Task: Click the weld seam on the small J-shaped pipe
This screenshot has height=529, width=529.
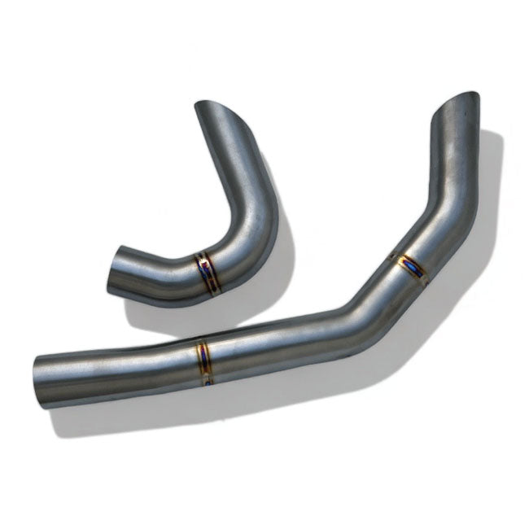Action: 205,272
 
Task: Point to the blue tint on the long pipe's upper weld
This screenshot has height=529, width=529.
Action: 411,264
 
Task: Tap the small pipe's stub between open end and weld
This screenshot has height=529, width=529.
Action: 155,268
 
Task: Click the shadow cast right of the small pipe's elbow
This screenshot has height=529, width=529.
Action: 281,260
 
